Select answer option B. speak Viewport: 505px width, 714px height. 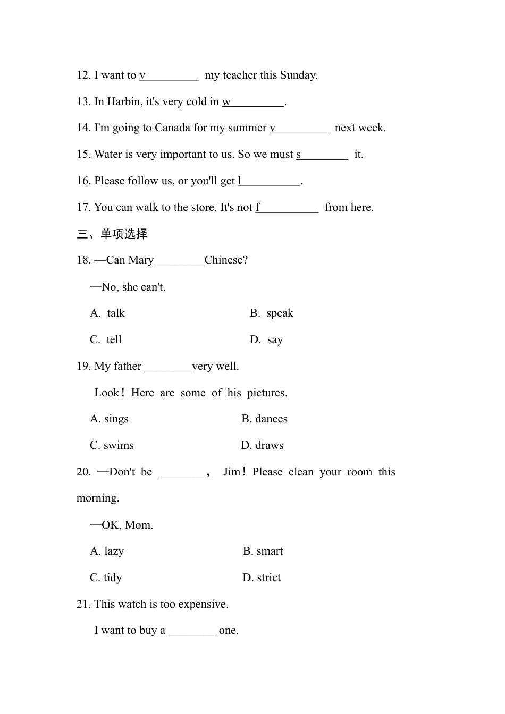272,313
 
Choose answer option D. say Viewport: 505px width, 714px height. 267,340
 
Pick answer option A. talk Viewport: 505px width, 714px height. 108,313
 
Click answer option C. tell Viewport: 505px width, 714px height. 106,340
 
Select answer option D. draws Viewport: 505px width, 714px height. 263,446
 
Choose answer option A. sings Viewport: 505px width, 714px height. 110,419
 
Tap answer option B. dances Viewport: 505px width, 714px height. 265,419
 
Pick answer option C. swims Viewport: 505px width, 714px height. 112,446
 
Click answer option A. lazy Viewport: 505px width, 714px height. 107,551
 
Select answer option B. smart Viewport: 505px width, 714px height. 263,551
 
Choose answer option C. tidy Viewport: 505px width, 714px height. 106,578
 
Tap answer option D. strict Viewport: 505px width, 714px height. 262,578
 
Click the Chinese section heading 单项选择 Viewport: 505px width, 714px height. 124,234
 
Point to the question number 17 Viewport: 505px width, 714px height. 83,208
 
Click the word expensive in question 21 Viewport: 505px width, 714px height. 203,605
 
